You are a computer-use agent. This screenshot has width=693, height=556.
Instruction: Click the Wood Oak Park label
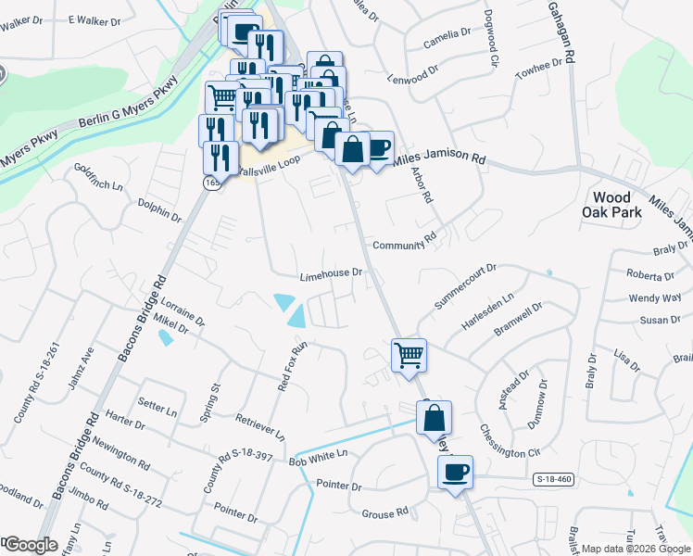612,205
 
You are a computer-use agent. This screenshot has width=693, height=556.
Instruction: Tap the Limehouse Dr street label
329,275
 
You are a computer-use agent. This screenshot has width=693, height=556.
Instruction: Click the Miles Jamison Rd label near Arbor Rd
439,159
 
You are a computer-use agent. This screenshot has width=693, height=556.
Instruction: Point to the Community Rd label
404,245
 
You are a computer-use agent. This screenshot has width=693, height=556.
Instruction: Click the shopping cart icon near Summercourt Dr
409,355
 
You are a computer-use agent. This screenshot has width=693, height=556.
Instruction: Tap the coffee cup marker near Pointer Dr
455,473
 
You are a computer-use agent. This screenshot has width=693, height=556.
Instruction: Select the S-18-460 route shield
553,479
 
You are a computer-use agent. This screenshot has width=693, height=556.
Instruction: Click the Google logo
30,545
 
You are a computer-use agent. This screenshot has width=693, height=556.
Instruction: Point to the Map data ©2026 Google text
636,549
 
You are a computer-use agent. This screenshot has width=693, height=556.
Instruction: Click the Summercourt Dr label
465,286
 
